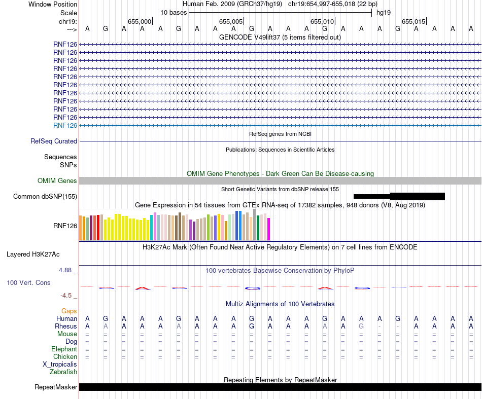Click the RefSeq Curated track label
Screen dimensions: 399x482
pyautogui.click(x=54, y=141)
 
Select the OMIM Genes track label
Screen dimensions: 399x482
pyautogui.click(x=57, y=181)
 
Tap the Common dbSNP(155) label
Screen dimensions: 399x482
pyautogui.click(x=45, y=197)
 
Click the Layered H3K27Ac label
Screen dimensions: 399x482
pyautogui.click(x=42, y=254)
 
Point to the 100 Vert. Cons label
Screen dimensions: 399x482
pyautogui.click(x=28, y=283)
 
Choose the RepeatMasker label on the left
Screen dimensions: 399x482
pyautogui.click(x=56, y=387)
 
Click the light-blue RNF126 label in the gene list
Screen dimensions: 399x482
pyautogui.click(x=65, y=125)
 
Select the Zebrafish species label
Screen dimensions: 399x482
pyautogui.click(x=63, y=372)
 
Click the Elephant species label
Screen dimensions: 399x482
pyautogui.click(x=64, y=349)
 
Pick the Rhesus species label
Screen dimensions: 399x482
pyautogui.click(x=66, y=327)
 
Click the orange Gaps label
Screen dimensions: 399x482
pyautogui.click(x=69, y=311)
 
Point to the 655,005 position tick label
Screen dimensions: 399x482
pyautogui.click(x=230, y=21)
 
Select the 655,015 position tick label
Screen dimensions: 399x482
pyautogui.click(x=413, y=21)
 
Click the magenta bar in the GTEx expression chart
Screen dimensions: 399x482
pyautogui.click(x=269, y=229)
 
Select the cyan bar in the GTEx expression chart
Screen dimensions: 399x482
pyautogui.click(x=152, y=228)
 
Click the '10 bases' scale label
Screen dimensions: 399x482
pyautogui.click(x=174, y=12)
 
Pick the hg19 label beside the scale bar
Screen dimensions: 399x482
pyautogui.click(x=384, y=12)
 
